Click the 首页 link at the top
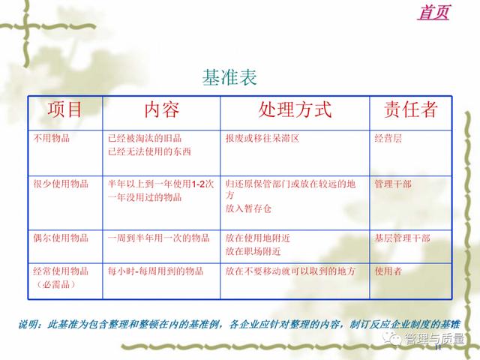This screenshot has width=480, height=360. (x=433, y=12)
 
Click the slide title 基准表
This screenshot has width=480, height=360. (x=229, y=76)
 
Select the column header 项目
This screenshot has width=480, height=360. (x=64, y=109)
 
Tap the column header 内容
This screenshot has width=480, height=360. (x=162, y=109)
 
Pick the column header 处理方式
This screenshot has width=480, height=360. (x=295, y=109)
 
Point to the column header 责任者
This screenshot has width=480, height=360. (x=411, y=109)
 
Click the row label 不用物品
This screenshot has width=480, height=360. (x=52, y=138)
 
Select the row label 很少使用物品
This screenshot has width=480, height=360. (x=61, y=184)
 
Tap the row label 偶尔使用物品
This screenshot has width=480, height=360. (x=61, y=238)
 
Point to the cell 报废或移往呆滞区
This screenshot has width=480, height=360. (x=262, y=138)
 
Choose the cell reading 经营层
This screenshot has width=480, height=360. (x=388, y=138)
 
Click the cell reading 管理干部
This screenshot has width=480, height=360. (x=393, y=184)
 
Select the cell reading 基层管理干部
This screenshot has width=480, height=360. (x=403, y=238)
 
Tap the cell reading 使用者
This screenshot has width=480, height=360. (x=388, y=271)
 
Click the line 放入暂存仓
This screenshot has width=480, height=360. (x=248, y=208)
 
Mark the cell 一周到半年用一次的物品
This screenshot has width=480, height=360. (x=158, y=238)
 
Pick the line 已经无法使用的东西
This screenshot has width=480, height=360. (x=149, y=151)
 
